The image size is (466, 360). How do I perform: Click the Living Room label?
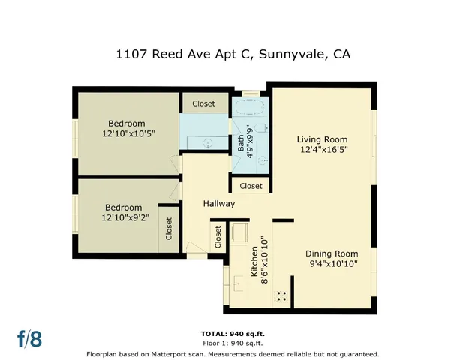pyautogui.click(x=322, y=139)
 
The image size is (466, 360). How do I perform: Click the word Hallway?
pyautogui.click(x=219, y=204)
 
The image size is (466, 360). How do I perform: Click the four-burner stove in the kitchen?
pyautogui.click(x=283, y=295)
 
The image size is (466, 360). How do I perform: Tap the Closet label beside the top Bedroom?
pyautogui.click(x=203, y=103)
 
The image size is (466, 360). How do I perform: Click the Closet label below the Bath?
pyautogui.click(x=251, y=186)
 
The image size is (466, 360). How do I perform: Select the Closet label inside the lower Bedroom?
pyautogui.click(x=169, y=229)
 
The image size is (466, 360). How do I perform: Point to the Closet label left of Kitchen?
pyautogui.click(x=218, y=237)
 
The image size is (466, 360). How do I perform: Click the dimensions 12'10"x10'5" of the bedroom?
pyautogui.click(x=125, y=134)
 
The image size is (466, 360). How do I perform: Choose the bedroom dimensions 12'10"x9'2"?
pyautogui.click(x=123, y=218)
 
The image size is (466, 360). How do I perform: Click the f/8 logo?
pyautogui.click(x=29, y=338)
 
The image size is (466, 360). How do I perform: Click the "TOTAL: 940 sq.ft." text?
pyautogui.click(x=233, y=333)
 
